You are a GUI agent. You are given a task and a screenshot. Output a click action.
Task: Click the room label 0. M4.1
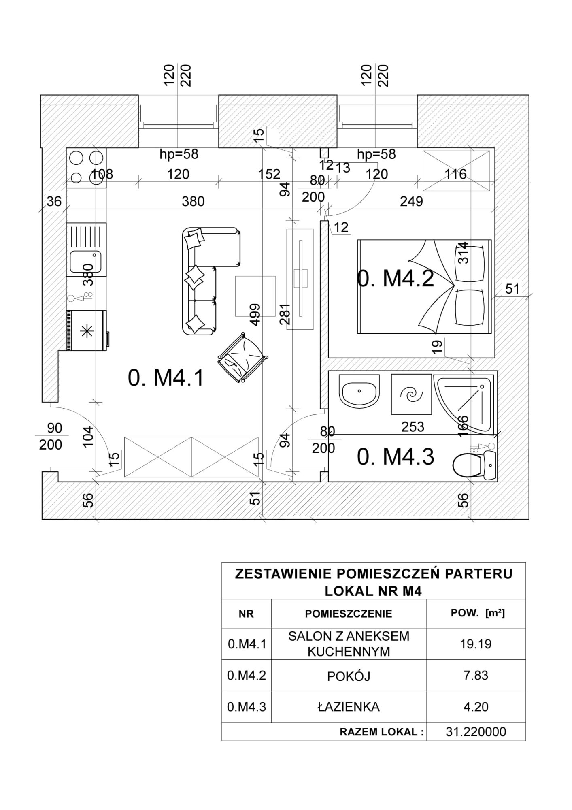[166, 378]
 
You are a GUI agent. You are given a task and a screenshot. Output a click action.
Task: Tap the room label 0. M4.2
[396, 279]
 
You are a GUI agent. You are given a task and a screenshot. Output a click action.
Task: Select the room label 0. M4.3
[396, 457]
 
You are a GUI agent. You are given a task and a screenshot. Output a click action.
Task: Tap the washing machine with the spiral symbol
[411, 394]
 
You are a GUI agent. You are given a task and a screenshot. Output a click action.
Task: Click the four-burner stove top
[86, 168]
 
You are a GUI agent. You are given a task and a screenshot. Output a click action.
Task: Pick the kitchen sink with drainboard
[86, 249]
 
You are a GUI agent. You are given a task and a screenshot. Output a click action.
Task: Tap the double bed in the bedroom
[424, 287]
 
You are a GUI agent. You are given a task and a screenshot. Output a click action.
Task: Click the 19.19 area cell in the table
[476, 644]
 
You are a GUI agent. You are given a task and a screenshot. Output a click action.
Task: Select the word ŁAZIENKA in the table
[348, 707]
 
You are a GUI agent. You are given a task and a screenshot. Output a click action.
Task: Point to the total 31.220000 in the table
[476, 732]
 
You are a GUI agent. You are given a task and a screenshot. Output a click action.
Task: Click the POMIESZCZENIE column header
[349, 614]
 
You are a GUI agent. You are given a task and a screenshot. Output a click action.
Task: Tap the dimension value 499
[255, 315]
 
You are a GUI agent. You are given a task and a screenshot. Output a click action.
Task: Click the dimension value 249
[411, 201]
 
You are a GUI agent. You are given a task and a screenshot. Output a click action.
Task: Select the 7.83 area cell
[476, 675]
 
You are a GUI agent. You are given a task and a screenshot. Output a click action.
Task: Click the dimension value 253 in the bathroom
[413, 426]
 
